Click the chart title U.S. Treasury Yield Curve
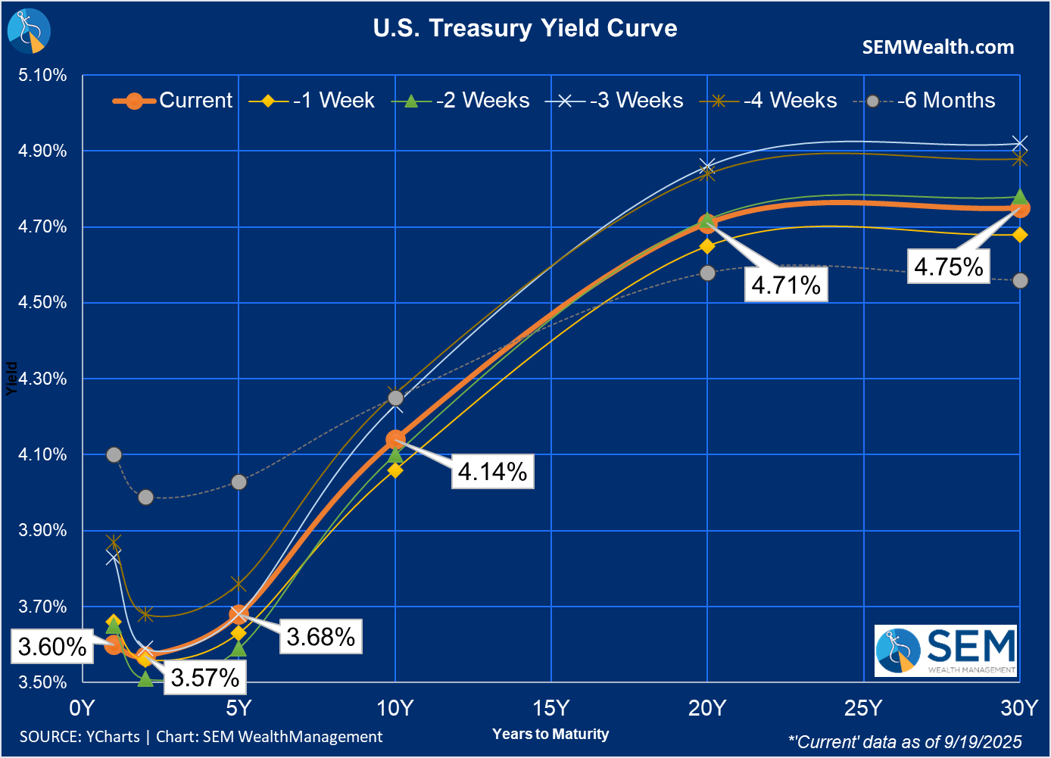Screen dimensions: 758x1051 (x=525, y=28)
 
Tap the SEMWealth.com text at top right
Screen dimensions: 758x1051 (x=937, y=47)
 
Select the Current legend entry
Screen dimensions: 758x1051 (x=173, y=100)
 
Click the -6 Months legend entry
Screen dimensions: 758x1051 (x=925, y=100)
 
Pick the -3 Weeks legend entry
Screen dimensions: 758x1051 (x=615, y=100)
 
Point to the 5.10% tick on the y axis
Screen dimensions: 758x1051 (x=42, y=75)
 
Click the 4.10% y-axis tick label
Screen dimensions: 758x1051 (x=42, y=454)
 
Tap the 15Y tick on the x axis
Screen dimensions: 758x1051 (x=550, y=708)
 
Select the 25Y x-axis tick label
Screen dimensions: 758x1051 (x=863, y=708)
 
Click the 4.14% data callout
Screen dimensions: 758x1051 (x=492, y=471)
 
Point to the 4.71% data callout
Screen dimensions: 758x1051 (x=786, y=285)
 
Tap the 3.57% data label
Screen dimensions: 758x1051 (x=204, y=677)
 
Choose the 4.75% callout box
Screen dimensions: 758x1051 (x=948, y=267)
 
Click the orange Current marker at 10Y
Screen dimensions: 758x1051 (x=395, y=439)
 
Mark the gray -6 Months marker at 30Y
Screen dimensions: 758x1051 (x=1020, y=280)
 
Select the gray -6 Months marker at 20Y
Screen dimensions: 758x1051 (x=707, y=273)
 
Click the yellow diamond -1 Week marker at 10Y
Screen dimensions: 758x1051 (x=395, y=470)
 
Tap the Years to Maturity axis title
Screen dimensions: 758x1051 (x=550, y=734)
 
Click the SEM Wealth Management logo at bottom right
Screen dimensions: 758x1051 (x=946, y=650)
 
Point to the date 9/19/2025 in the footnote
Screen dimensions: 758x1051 (x=983, y=742)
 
